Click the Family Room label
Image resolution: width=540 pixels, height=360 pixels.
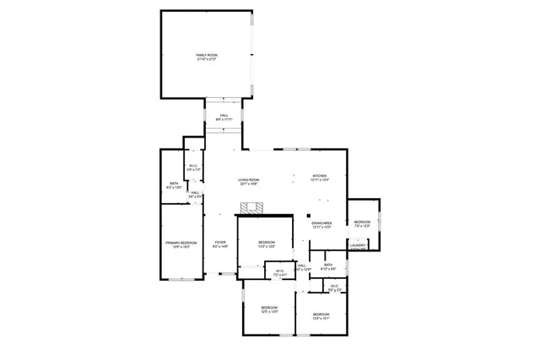click(x=207, y=54)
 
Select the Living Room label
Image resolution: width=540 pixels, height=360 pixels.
click(x=248, y=180)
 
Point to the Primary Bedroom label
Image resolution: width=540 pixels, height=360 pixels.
click(x=181, y=243)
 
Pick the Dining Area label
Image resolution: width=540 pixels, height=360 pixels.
click(x=321, y=223)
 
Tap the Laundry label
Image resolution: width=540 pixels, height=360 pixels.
click(x=358, y=246)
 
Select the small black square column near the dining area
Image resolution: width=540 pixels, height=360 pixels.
click(x=310, y=214)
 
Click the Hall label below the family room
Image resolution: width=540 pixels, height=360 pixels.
click(x=224, y=116)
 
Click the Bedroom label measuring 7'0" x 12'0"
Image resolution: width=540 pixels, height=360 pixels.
click(x=363, y=222)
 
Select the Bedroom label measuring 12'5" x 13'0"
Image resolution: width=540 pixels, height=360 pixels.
click(x=269, y=308)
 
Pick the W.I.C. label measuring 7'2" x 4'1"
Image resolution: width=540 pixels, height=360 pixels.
click(x=279, y=271)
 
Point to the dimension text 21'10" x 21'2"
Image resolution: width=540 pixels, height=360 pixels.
click(x=207, y=59)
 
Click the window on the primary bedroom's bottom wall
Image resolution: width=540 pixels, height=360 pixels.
click(x=181, y=278)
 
